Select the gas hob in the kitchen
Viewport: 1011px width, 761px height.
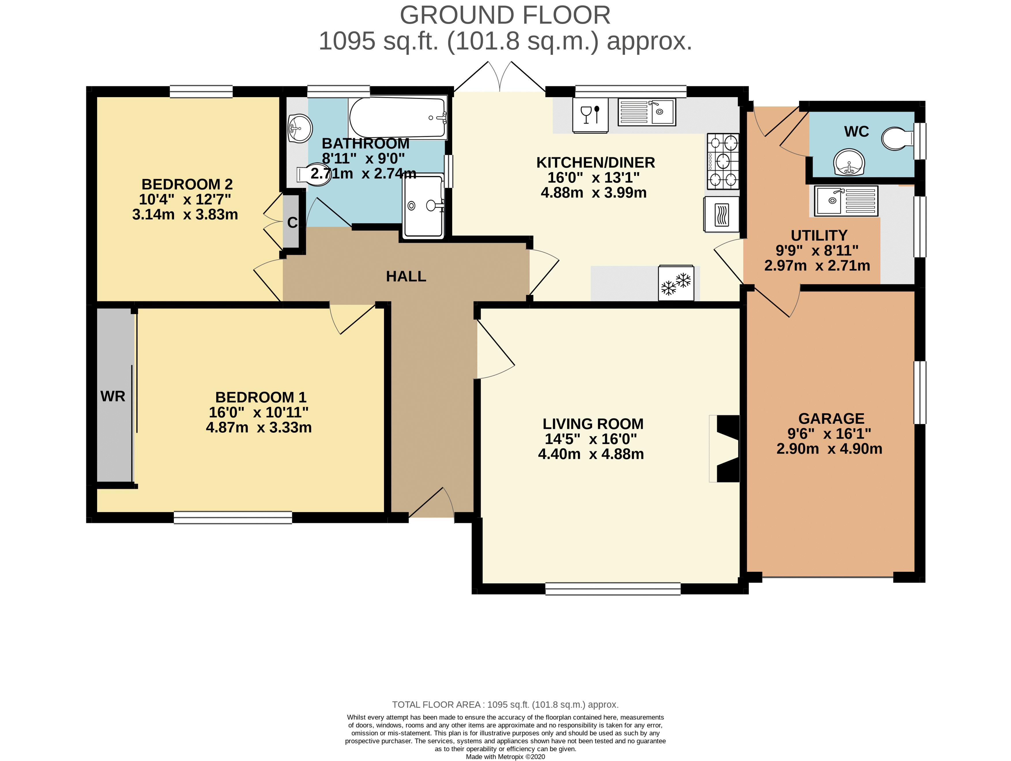coord(723,162)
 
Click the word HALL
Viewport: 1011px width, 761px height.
coord(406,276)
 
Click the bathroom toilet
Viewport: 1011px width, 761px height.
coord(315,175)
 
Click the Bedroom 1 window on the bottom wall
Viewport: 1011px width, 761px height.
coord(233,517)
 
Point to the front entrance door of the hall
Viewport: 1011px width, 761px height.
coord(432,505)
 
